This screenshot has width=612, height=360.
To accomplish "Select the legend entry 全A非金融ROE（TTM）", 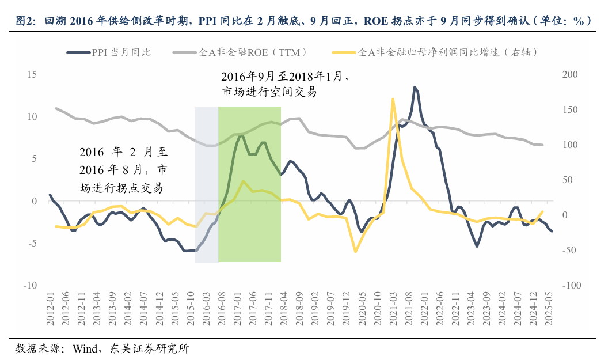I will click(x=253, y=52).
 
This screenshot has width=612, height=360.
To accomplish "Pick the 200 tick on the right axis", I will click(x=569, y=74).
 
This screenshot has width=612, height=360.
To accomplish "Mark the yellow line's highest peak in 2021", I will click(x=393, y=99).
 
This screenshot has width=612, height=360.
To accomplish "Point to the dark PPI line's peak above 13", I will click(x=415, y=87).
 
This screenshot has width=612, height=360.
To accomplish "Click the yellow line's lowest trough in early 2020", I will click(x=355, y=252).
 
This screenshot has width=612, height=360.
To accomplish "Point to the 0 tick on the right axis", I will click(x=565, y=215).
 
